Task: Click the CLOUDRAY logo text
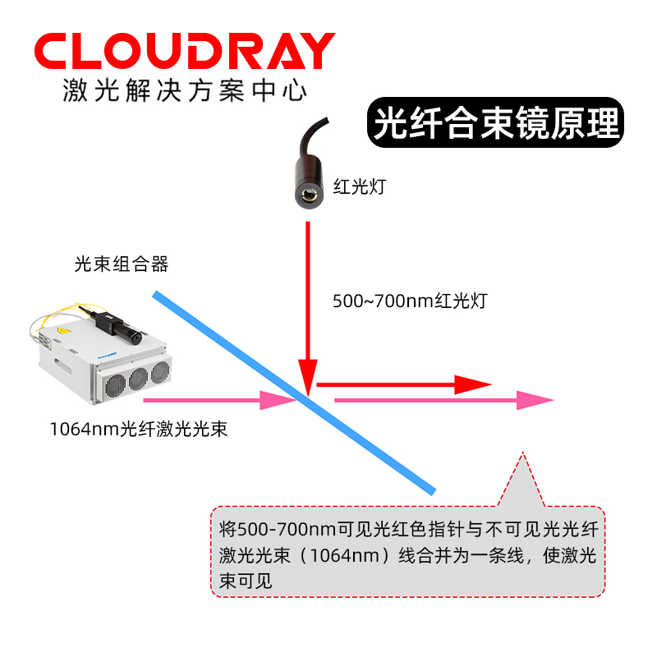pos(184,52)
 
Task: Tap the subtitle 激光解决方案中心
pos(184,90)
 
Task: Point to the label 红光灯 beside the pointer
pos(359,186)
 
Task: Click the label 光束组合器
pos(121,264)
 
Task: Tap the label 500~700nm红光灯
pos(410,301)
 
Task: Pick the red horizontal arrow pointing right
pos(402,384)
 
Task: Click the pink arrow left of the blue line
pos(218,401)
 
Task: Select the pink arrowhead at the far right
pos(535,401)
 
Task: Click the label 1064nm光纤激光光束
pos(138,428)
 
